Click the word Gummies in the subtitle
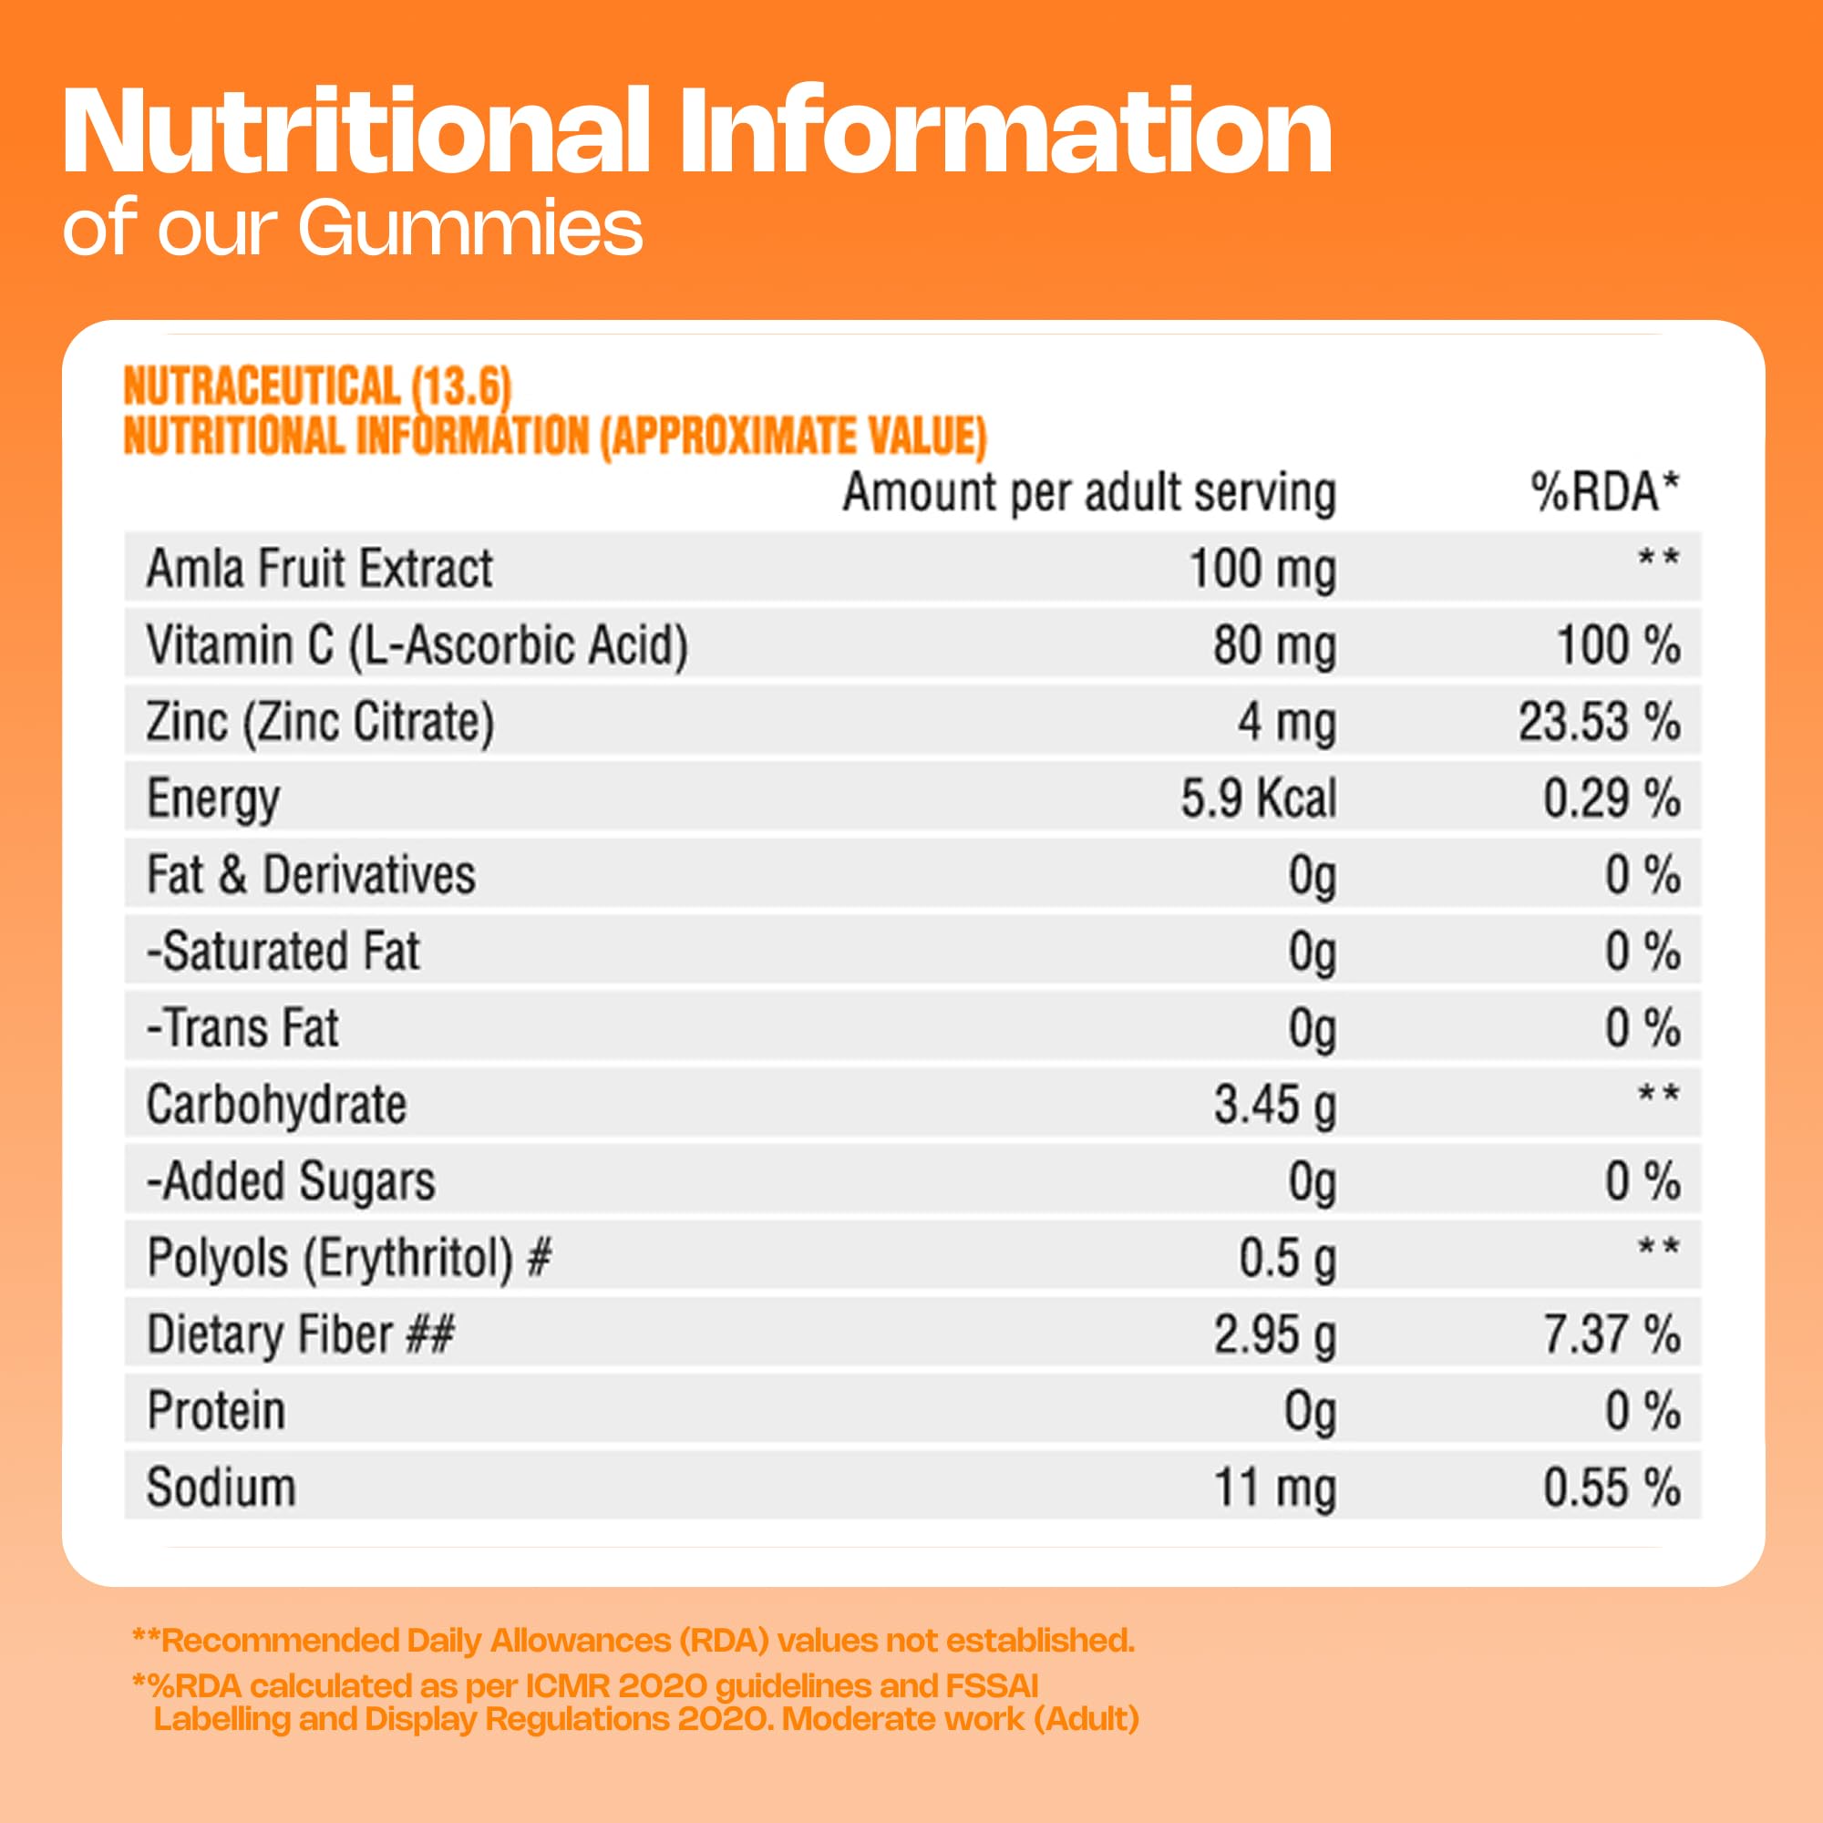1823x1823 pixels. pyautogui.click(x=471, y=230)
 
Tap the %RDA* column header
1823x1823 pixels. pyautogui.click(x=1604, y=491)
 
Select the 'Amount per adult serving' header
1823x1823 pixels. pyautogui.click(x=1089, y=492)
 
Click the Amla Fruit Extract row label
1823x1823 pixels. pyautogui.click(x=319, y=569)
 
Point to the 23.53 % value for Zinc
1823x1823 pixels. pyautogui.click(x=1599, y=723)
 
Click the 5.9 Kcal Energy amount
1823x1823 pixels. pyautogui.click(x=1258, y=799)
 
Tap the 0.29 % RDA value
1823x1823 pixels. pyautogui.click(x=1611, y=799)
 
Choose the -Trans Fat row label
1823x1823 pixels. pyautogui.click(x=242, y=1028)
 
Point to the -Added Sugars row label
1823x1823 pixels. pyautogui.click(x=291, y=1181)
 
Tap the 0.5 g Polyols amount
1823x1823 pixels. pyautogui.click(x=1287, y=1258)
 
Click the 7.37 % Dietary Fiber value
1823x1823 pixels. pyautogui.click(x=1611, y=1334)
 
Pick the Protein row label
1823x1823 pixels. pyautogui.click(x=216, y=1412)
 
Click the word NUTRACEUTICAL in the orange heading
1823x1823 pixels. pyautogui.click(x=263, y=386)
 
